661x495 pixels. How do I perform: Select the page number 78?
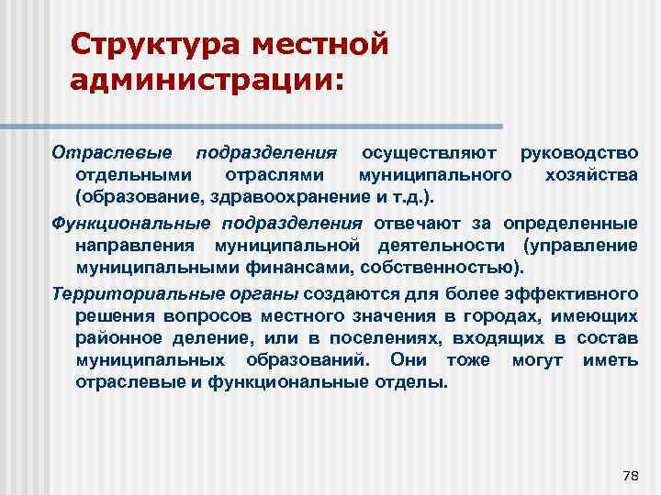pos(630,475)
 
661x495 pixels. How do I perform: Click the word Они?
pos(409,361)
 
